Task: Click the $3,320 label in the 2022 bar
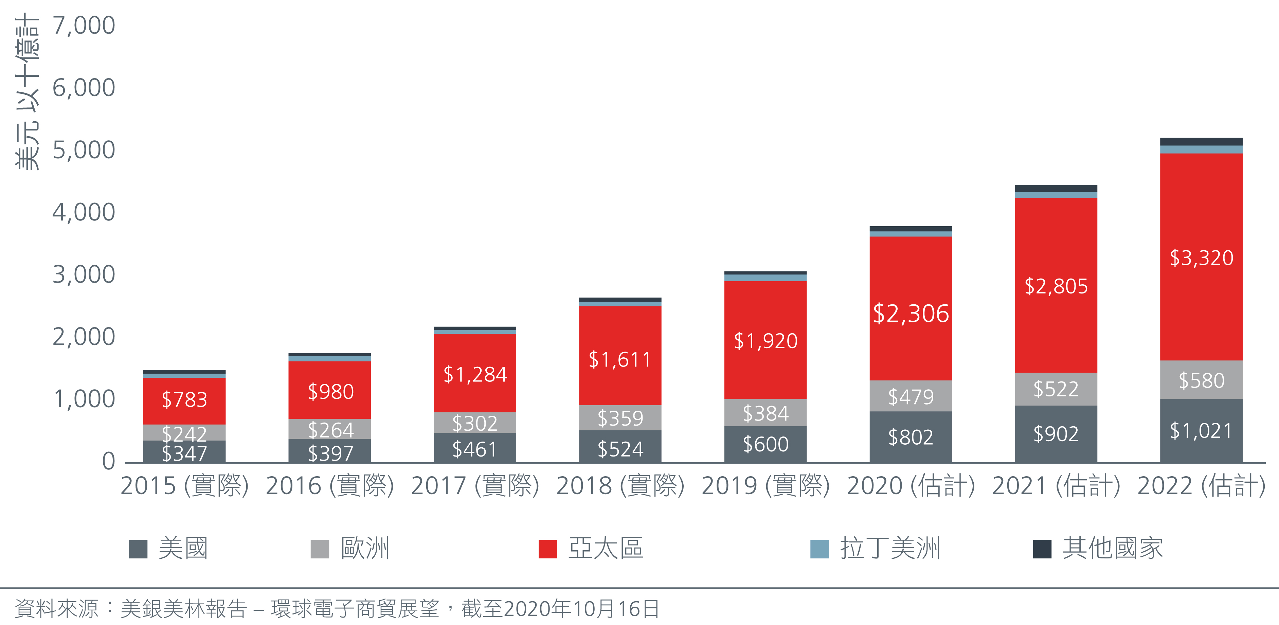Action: pos(1201,258)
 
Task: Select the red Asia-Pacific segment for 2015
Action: pos(184,401)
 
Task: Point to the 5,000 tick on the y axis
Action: pos(84,150)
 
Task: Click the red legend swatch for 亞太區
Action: pos(548,549)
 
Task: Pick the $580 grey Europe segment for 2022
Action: pos(1201,380)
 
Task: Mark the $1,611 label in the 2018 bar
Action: pos(620,359)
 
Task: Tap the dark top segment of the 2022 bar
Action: pos(1201,142)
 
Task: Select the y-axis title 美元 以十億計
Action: pos(27,92)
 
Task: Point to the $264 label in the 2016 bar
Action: pos(331,430)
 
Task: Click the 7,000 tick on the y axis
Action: pos(84,25)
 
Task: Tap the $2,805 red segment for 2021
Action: pos(1056,285)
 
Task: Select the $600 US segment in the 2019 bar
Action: pos(765,444)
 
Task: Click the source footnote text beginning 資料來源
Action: pos(337,609)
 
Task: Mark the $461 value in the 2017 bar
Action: pos(475,450)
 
